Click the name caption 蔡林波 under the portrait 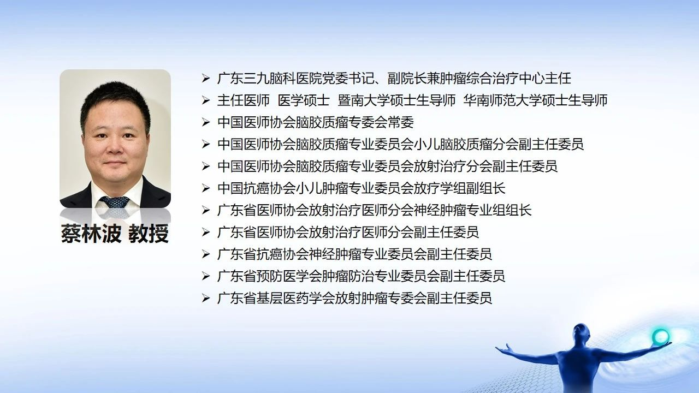[91, 233]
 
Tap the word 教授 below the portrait [149, 233]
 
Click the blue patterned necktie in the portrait [114, 202]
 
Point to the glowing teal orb [660, 336]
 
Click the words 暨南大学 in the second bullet [364, 100]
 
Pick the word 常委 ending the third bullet [401, 122]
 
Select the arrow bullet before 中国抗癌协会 [206, 188]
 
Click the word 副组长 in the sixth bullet [485, 188]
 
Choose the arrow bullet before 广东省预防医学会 [206, 276]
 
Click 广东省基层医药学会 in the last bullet [270, 298]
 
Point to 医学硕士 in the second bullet [304, 100]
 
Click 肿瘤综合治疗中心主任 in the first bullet [505, 78]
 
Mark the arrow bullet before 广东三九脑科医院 [206, 78]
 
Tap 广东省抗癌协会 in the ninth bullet [257, 254]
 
